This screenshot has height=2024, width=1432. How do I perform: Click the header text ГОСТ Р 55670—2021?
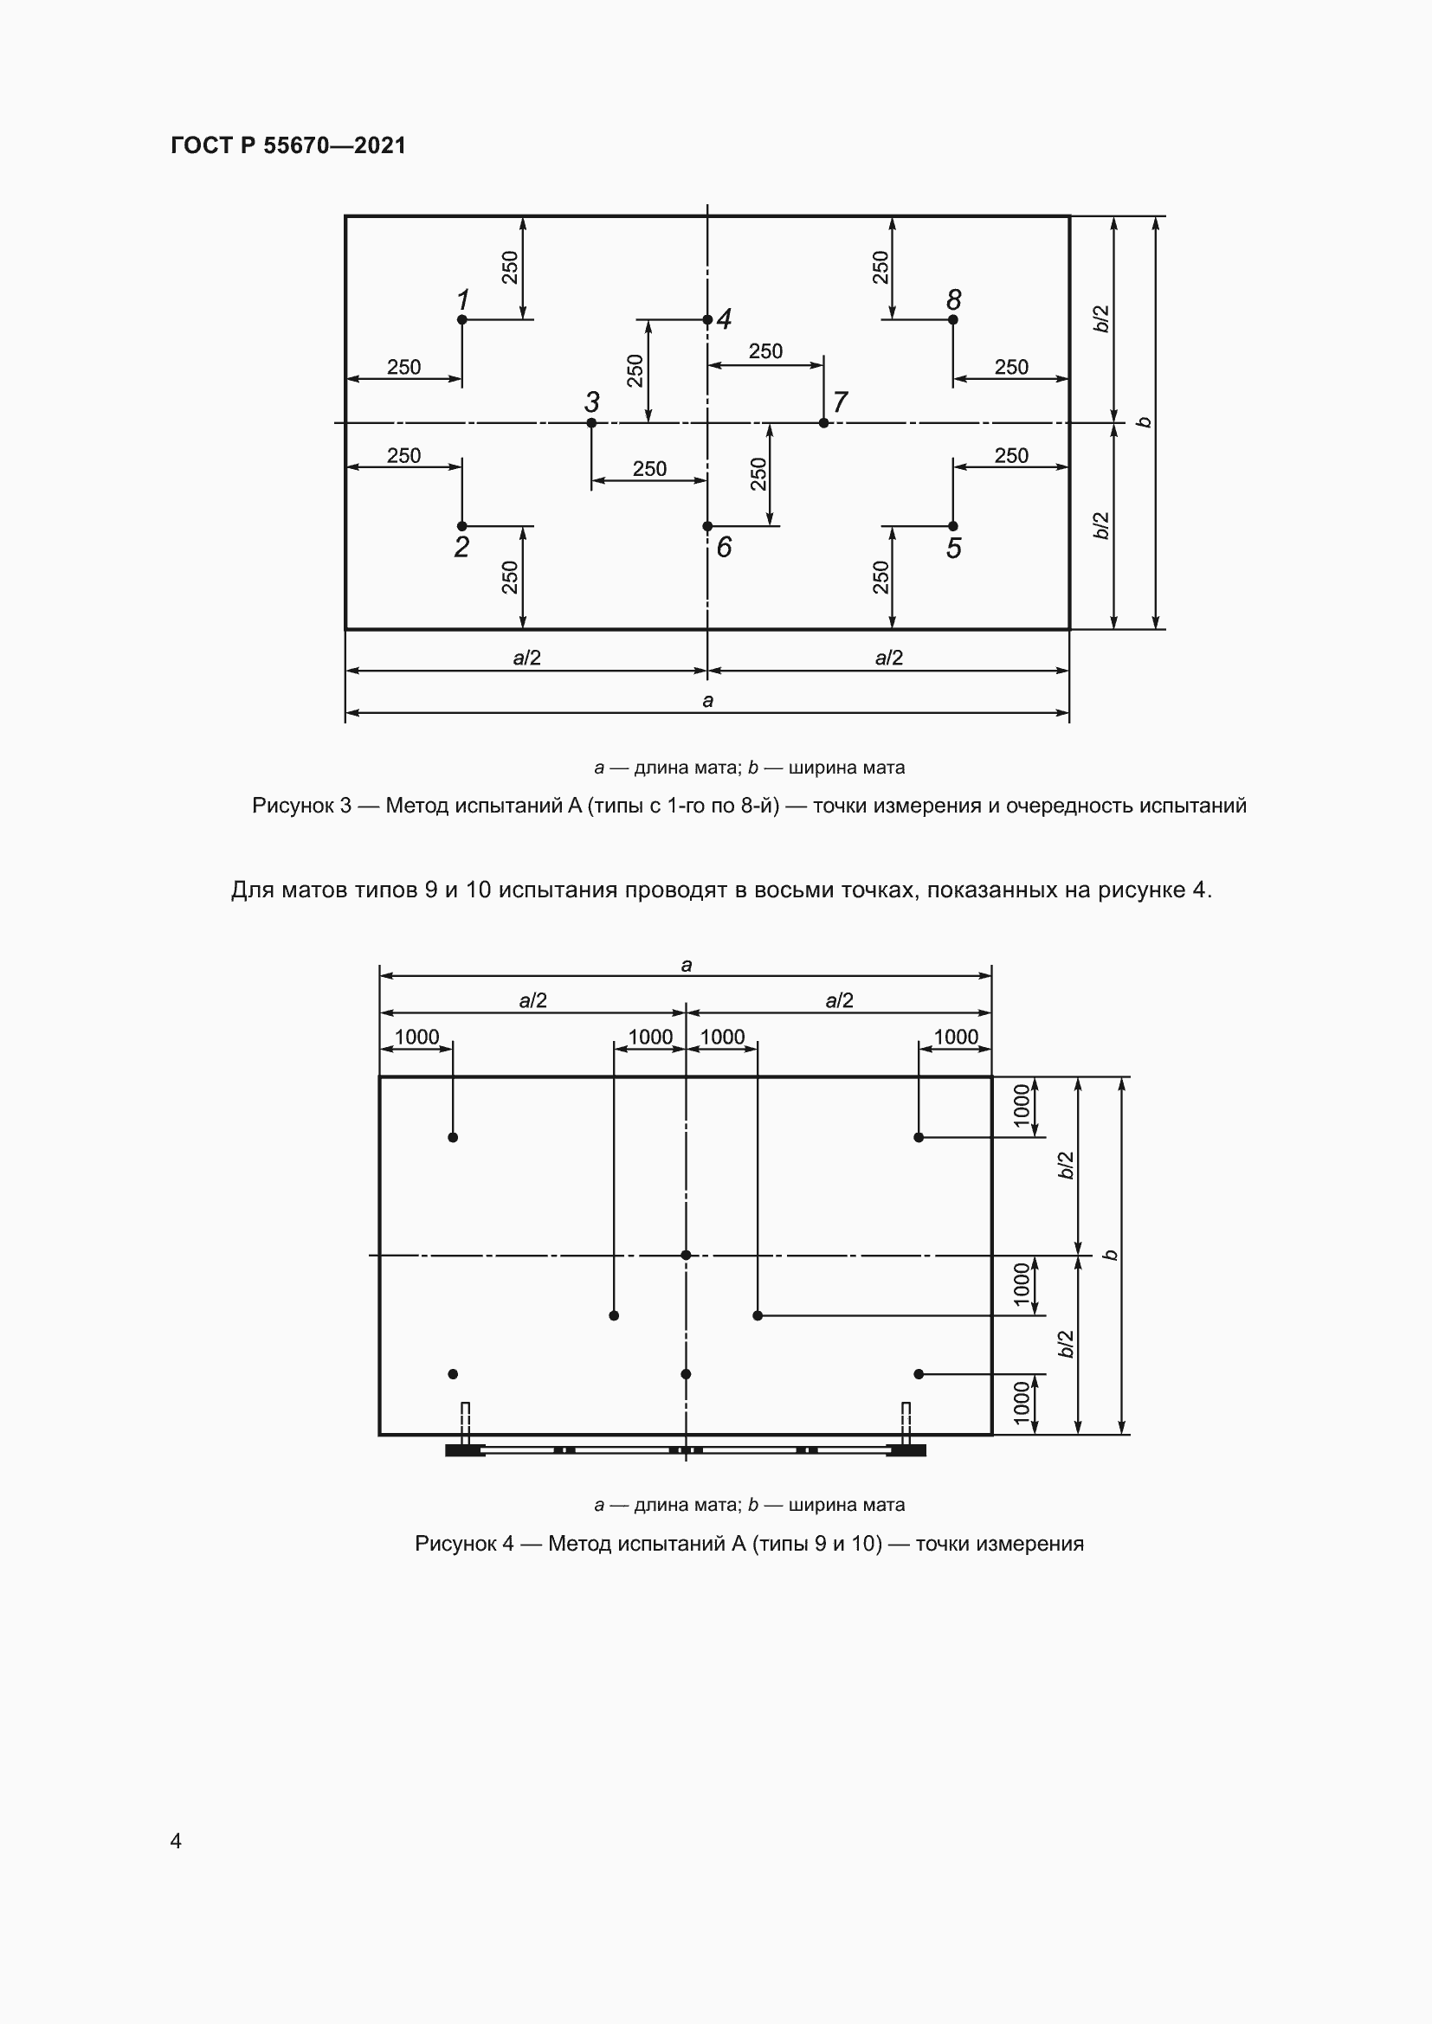(x=288, y=145)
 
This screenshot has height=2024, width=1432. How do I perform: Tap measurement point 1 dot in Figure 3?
(x=462, y=319)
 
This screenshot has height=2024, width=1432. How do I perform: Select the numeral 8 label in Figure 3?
(x=953, y=299)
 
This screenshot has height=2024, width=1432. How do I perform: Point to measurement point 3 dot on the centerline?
(x=591, y=423)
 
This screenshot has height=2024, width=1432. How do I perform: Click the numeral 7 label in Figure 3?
(x=841, y=402)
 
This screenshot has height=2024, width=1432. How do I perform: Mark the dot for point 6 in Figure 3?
(x=707, y=526)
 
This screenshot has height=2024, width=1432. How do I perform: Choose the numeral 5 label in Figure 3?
(x=953, y=549)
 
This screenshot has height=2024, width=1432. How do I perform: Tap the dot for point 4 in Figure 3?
(x=707, y=319)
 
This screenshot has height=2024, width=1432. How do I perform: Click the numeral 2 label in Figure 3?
(x=461, y=548)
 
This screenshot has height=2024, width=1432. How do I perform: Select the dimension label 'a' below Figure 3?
(x=707, y=701)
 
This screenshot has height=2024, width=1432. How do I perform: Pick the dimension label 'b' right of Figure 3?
(x=1145, y=422)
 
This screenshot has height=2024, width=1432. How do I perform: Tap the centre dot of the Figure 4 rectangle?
(x=686, y=1256)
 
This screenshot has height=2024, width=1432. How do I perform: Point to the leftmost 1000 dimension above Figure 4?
(x=416, y=1037)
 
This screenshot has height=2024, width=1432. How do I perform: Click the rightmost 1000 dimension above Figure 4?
(x=956, y=1037)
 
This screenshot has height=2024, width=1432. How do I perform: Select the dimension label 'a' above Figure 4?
(x=686, y=966)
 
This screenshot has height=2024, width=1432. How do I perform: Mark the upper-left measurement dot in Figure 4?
(x=453, y=1137)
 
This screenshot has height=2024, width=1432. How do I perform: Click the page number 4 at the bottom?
(x=176, y=1841)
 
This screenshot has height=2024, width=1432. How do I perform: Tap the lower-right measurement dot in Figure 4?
(x=919, y=1374)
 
